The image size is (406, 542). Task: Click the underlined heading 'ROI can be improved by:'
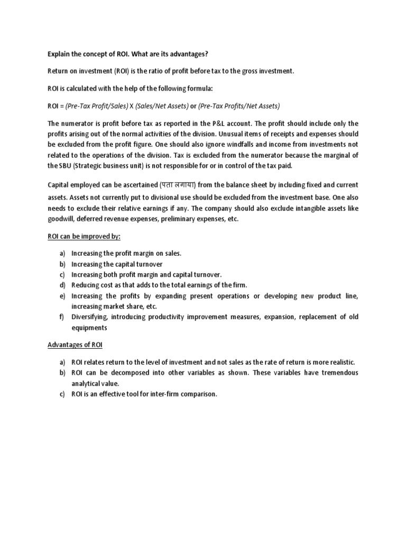pos(84,236)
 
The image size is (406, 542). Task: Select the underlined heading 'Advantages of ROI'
pos(75,345)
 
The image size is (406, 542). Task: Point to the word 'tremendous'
pos(336,373)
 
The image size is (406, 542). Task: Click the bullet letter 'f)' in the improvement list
pos(62,317)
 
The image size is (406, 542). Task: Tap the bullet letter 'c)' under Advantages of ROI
pos(62,394)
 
